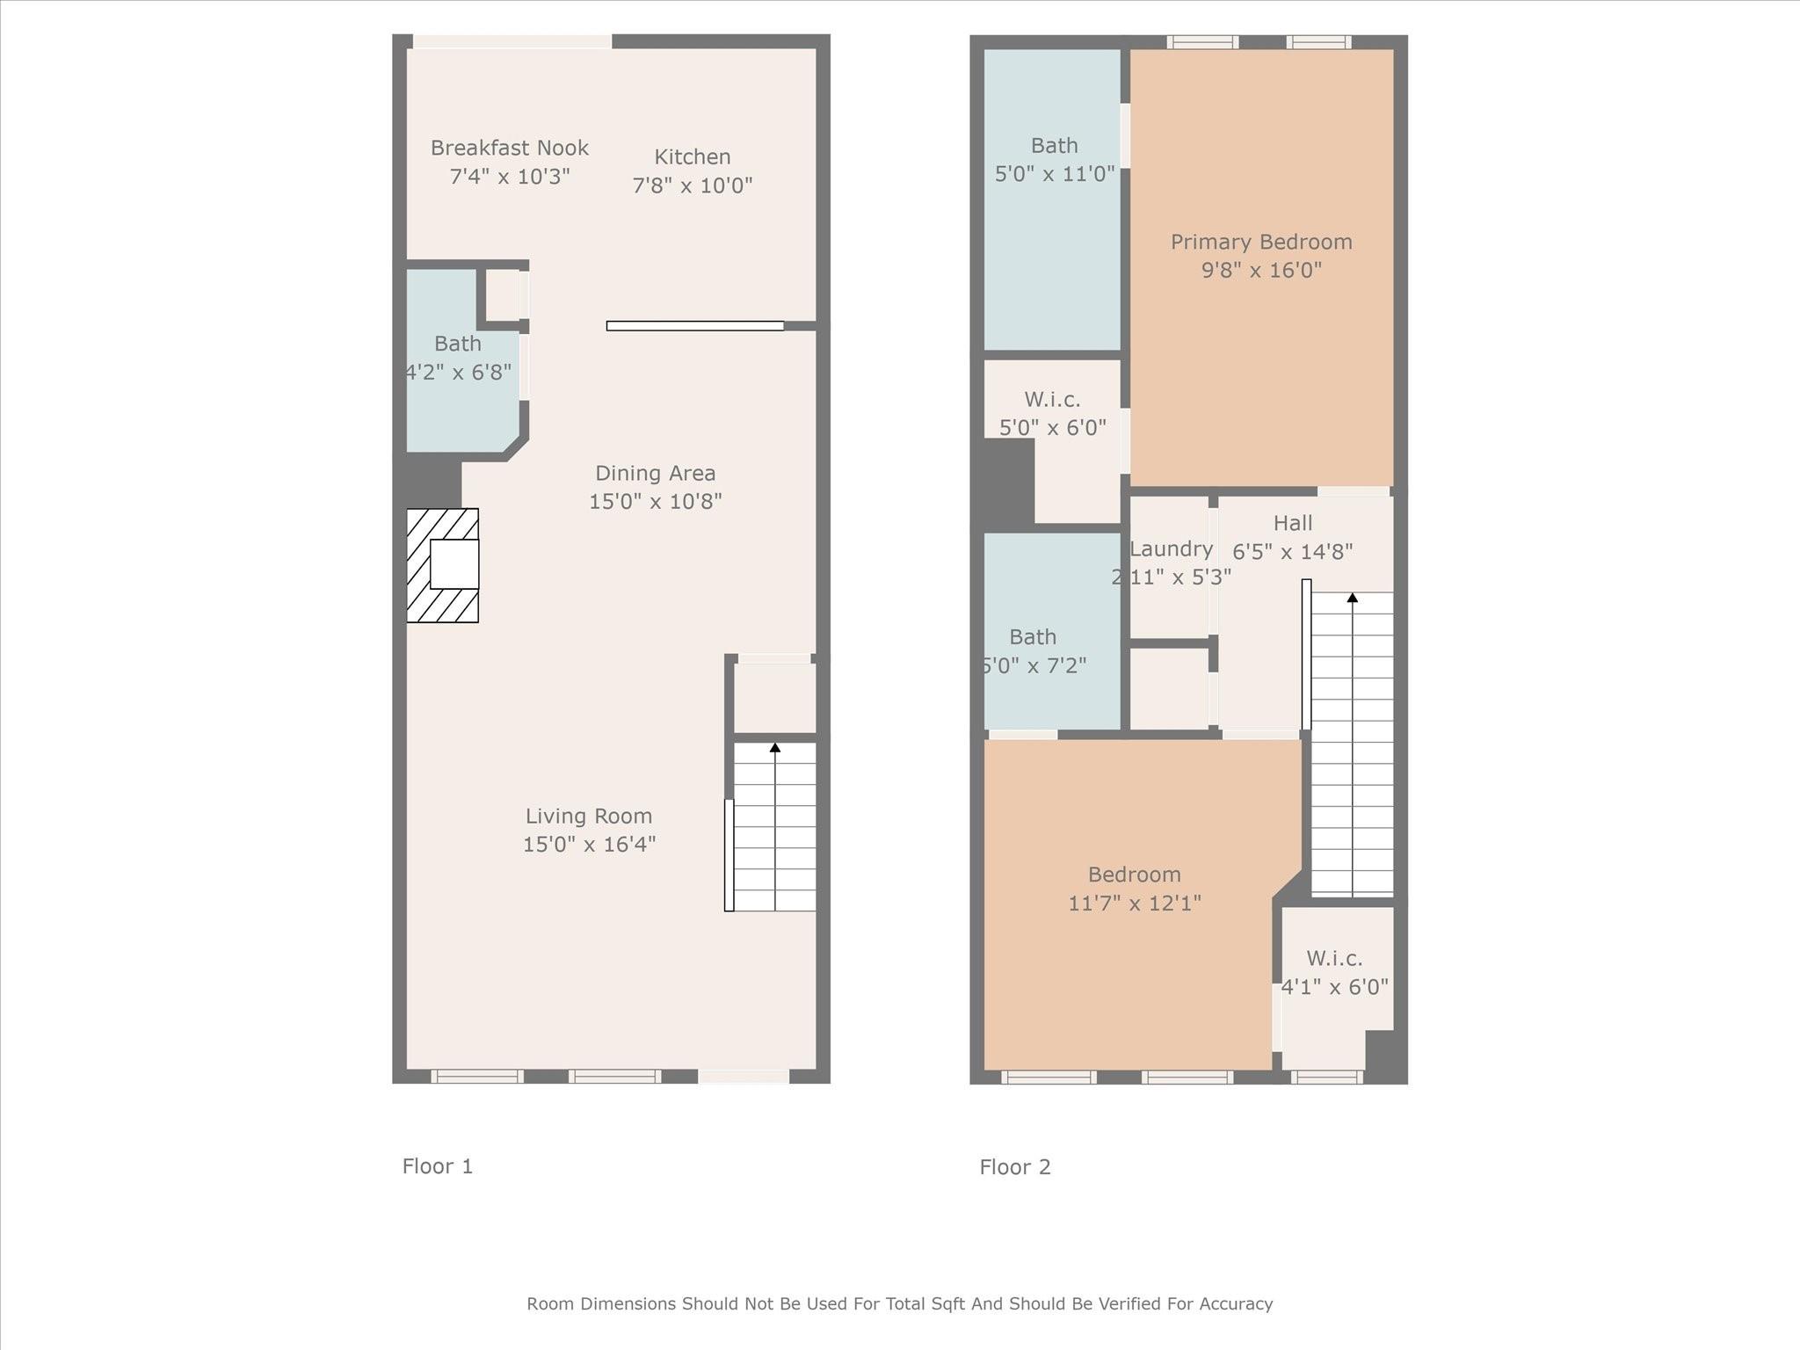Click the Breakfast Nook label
pyautogui.click(x=509, y=148)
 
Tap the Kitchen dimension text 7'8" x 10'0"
pyautogui.click(x=693, y=185)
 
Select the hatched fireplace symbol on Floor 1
pyautogui.click(x=443, y=565)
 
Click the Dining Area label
pyautogui.click(x=655, y=473)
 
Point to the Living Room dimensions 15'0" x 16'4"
pyautogui.click(x=589, y=845)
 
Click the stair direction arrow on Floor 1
pyautogui.click(x=775, y=748)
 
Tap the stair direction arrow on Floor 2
pyautogui.click(x=1353, y=599)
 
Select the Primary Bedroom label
pyautogui.click(x=1261, y=242)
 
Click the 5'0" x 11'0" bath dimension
pyautogui.click(x=1054, y=174)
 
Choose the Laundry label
pyautogui.click(x=1171, y=549)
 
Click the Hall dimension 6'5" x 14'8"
pyautogui.click(x=1292, y=552)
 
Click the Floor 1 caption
pyautogui.click(x=438, y=1166)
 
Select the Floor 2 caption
pyautogui.click(x=1015, y=1167)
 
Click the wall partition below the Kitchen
pyautogui.click(x=694, y=326)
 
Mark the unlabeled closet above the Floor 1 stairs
pyautogui.click(x=774, y=697)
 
